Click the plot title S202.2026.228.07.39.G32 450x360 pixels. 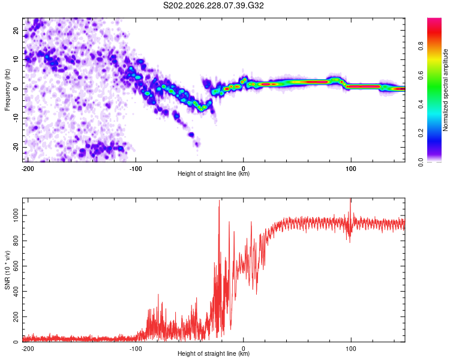coord(213,5)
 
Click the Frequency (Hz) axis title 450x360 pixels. coord(7,90)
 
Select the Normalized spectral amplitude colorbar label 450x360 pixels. coord(445,90)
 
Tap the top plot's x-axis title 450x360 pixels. coord(214,173)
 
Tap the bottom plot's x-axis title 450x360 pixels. coord(214,353)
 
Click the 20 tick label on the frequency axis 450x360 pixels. coord(16,31)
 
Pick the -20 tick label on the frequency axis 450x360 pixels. coord(16,148)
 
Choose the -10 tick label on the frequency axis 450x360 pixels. coord(16,118)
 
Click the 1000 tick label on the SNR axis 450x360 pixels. coord(16,215)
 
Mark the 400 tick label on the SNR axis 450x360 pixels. coord(16,292)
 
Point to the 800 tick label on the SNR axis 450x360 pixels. coord(16,241)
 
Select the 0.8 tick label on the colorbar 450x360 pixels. coord(421,46)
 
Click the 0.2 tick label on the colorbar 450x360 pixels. coord(421,133)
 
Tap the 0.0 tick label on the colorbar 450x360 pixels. coord(421,162)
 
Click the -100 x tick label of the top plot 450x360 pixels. coord(135,169)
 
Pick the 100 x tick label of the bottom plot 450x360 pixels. coord(351,349)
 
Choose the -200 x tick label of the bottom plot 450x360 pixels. coord(28,349)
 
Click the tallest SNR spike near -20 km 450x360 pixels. coord(219,201)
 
